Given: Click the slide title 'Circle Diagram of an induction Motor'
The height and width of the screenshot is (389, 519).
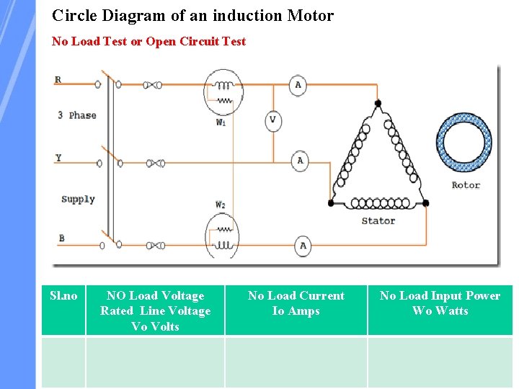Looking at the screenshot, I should point(192,15).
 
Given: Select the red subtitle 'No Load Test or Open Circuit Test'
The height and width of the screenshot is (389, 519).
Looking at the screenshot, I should point(148,42).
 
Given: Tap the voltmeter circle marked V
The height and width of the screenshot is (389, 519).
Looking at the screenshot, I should point(272,120).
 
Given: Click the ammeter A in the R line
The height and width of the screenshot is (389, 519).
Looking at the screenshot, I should point(298,84).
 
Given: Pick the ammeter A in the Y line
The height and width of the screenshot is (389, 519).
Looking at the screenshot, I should point(300,160).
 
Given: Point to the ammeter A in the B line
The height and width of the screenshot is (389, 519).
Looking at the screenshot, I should point(303,246).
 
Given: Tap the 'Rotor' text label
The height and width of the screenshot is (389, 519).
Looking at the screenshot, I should point(466,185).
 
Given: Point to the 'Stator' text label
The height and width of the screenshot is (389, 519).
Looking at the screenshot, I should point(378,220).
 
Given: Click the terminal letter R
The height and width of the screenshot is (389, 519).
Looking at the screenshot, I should point(58,80).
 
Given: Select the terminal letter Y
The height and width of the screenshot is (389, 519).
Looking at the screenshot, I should point(58,157).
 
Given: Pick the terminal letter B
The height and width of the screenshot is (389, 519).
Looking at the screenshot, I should point(61,238).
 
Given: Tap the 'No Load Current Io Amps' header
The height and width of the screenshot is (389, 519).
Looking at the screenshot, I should point(296,303).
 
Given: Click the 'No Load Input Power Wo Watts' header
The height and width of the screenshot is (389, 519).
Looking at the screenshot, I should point(440,303).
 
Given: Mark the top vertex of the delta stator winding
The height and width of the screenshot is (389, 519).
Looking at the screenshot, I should point(377,105).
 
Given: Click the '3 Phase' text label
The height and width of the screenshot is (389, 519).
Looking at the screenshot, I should point(77,115).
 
